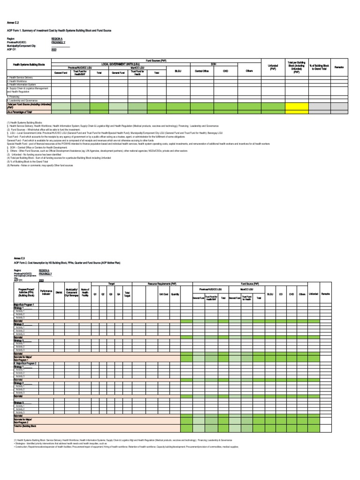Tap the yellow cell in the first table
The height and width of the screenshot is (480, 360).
(x=296, y=106)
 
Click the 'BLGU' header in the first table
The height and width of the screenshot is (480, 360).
(x=178, y=71)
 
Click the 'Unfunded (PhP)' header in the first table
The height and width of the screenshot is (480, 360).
(x=273, y=67)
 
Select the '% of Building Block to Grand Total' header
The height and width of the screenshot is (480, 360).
(x=320, y=67)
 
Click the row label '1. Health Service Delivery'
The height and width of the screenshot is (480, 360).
(x=20, y=77)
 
